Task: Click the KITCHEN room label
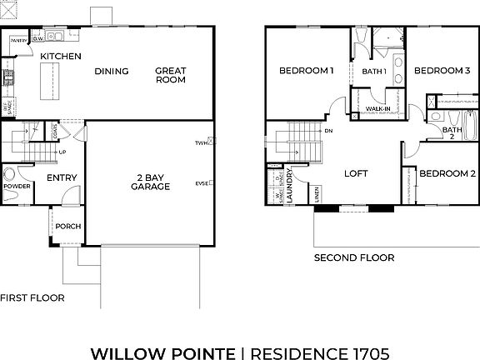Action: [61, 56]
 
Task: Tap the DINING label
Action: [111, 71]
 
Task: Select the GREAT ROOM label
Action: [170, 76]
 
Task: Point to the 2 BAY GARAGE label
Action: [149, 181]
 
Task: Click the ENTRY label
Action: [62, 177]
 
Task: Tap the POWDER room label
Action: [16, 187]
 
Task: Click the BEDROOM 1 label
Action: [306, 71]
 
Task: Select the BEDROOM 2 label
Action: [447, 173]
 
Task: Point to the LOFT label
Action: [356, 173]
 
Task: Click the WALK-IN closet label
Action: [377, 109]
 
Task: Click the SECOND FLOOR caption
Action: [353, 258]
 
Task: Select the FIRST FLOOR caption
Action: [32, 297]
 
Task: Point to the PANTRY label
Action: [18, 38]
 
